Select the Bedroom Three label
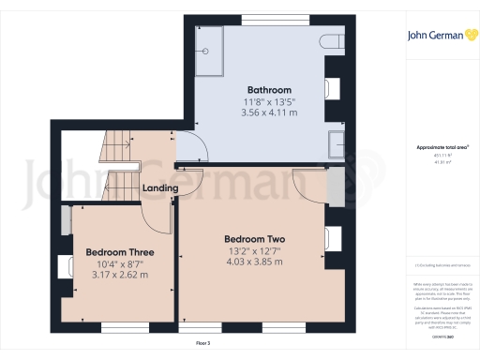120,252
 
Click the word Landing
160,188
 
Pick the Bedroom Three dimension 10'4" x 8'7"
120,264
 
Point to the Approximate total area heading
442,148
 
